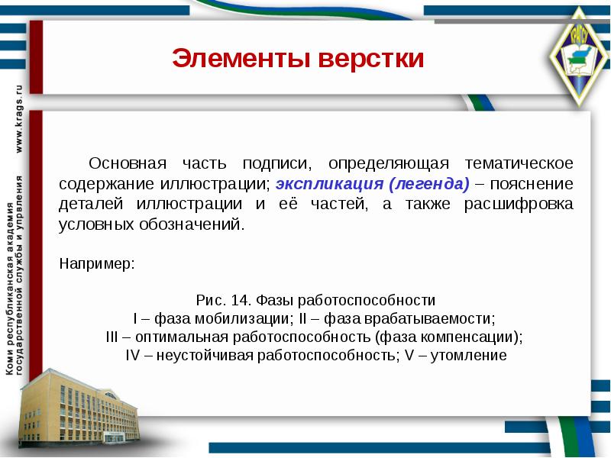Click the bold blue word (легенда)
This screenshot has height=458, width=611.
(x=428, y=184)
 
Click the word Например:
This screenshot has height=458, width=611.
(x=97, y=263)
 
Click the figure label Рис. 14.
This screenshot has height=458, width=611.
(x=225, y=301)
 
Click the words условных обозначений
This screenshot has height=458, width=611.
(x=153, y=225)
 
